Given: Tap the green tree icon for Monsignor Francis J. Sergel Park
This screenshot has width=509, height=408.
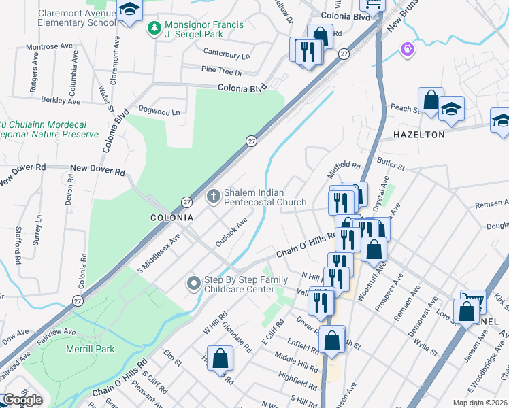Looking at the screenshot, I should click(x=154, y=29).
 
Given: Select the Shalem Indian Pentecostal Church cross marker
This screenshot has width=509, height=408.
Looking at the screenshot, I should click(x=213, y=197).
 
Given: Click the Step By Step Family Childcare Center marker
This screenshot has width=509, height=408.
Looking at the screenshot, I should click(x=194, y=283).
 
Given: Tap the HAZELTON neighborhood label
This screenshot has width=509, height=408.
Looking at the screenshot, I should click(x=418, y=135).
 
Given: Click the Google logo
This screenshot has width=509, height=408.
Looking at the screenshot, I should click(x=22, y=400).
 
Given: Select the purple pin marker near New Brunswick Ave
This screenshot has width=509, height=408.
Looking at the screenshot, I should click(x=408, y=49).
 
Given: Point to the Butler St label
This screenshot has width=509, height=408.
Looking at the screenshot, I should click(x=391, y=165).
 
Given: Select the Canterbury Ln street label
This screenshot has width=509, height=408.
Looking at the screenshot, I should click(x=227, y=53).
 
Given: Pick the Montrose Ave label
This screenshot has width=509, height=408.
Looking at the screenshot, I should click(x=49, y=47).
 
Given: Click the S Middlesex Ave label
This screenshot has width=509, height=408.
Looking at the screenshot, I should click(x=159, y=253).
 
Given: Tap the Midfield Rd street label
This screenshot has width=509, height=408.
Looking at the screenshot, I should click(x=344, y=165).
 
